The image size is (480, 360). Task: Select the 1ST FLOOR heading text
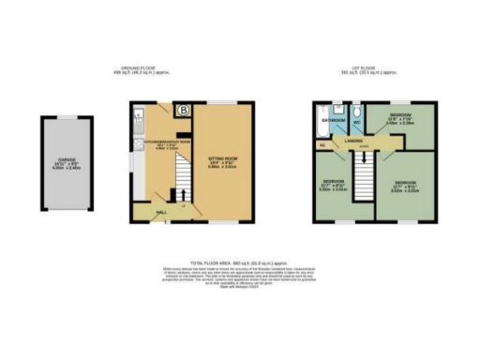click(x=368, y=67)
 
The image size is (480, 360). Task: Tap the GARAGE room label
click(x=64, y=160)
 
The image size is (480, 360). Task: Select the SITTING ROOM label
click(x=222, y=160)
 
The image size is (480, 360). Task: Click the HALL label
click(x=162, y=213)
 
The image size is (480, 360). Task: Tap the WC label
click(x=357, y=121)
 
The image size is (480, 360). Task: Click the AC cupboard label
click(x=322, y=144)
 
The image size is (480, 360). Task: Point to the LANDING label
click(x=354, y=142)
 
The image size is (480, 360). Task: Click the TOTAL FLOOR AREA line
click(x=240, y=264)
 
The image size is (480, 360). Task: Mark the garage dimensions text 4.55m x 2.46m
click(x=64, y=171)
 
